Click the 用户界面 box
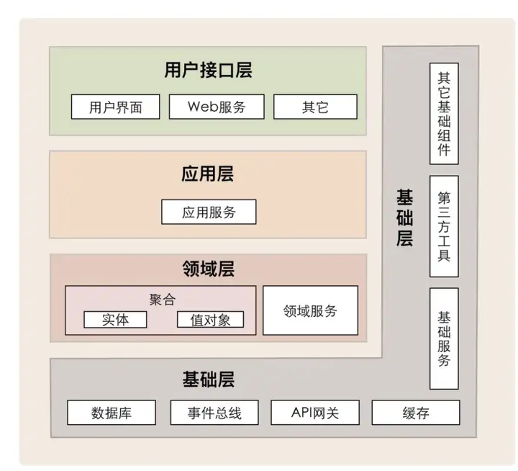(x=116, y=107)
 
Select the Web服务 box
(x=217, y=107)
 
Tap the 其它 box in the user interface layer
(x=316, y=107)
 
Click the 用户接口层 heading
(x=208, y=70)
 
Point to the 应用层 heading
(x=208, y=174)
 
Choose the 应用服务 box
(x=209, y=212)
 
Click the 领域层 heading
(x=209, y=268)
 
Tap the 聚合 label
(x=162, y=300)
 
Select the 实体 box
(x=115, y=320)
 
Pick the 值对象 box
(x=210, y=320)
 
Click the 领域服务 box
(x=311, y=310)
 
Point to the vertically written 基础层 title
(x=404, y=218)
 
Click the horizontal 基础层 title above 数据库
(x=209, y=379)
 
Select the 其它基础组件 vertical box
(x=444, y=114)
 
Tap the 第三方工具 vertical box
(x=444, y=227)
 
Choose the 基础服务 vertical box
(x=444, y=338)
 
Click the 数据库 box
(x=112, y=413)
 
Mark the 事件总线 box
(x=214, y=413)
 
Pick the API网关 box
(x=315, y=413)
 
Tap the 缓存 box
(x=416, y=413)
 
